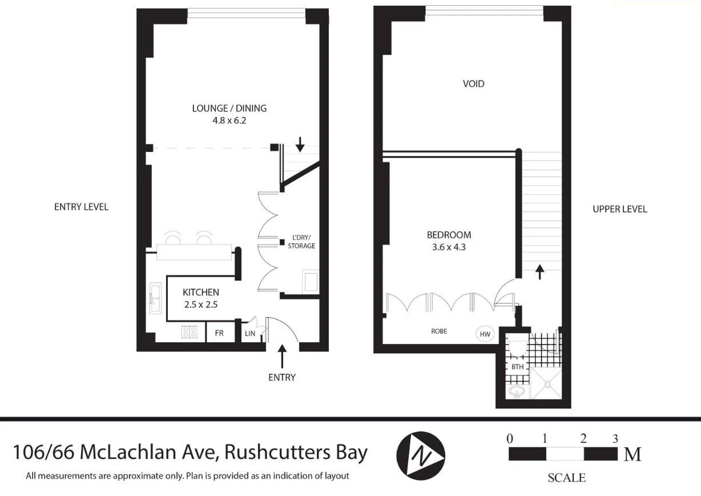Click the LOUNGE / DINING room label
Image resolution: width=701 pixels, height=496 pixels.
229,108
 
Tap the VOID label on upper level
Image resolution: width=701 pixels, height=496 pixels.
473,84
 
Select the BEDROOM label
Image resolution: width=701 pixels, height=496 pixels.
449,235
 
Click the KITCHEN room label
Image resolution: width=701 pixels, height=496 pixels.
200,292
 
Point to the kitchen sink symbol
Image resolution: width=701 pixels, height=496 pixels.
155,298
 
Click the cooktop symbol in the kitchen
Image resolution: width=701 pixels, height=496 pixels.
190,332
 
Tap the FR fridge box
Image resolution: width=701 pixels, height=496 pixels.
219,333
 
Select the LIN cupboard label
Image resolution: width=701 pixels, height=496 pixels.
249,333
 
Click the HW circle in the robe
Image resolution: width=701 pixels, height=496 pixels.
485,334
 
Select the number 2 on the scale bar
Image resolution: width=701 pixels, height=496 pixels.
583,439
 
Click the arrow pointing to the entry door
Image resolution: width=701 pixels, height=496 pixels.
281,356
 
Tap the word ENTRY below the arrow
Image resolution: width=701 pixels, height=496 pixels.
281,377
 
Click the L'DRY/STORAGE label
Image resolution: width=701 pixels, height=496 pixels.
301,242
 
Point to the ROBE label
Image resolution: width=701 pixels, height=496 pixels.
439,331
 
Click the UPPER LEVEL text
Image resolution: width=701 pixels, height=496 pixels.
619,209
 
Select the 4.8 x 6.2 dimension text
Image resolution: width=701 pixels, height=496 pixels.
229,121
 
